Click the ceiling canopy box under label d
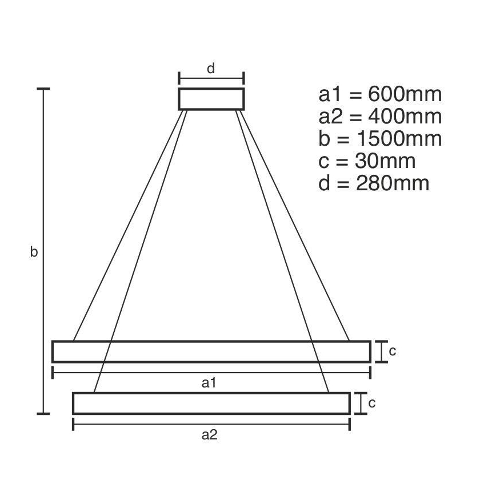click(x=211, y=98)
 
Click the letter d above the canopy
click(x=211, y=69)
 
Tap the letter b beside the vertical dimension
click(x=34, y=251)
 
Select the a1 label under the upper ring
click(x=210, y=383)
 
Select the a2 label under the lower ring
click(x=210, y=435)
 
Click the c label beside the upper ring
click(x=392, y=351)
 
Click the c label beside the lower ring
click(x=371, y=403)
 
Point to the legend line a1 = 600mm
click(x=380, y=94)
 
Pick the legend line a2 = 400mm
click(x=380, y=117)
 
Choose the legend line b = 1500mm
click(x=380, y=139)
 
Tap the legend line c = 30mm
click(x=367, y=161)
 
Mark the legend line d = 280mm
click(x=374, y=183)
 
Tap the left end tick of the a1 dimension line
click(x=53, y=373)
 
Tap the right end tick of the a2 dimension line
click(x=349, y=424)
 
